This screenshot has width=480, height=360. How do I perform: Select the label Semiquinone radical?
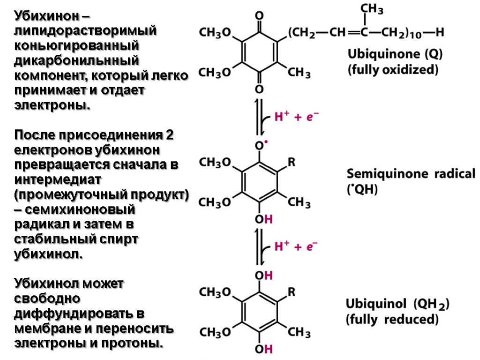pyautogui.click(x=411, y=174)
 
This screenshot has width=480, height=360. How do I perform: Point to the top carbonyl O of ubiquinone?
pyautogui.click(x=258, y=16)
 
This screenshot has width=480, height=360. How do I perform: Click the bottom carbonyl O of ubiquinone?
pyautogui.click(x=258, y=89)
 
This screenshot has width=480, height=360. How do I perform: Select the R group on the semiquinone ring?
pyautogui.click(x=291, y=163)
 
